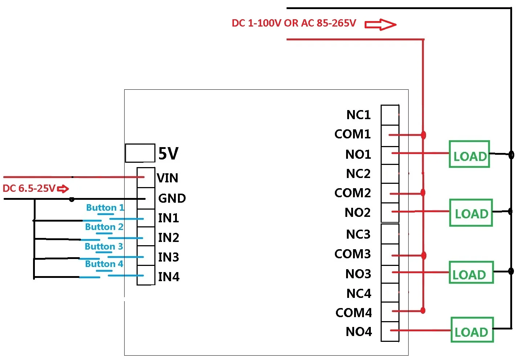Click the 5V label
[168, 153]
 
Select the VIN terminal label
[167, 178]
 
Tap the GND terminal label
[172, 198]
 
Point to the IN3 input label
[169, 257]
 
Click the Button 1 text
[105, 207]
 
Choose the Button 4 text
[104, 264]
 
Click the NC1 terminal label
[358, 115]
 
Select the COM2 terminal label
[352, 193]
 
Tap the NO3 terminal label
[358, 274]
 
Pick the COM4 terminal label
[353, 313]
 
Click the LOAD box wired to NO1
[469, 154]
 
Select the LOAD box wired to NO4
[472, 330]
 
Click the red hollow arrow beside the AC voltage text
[380, 24]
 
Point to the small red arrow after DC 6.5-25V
[63, 189]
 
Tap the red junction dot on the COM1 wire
[423, 135]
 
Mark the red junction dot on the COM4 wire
[423, 311]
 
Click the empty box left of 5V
[140, 153]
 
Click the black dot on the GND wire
[72, 199]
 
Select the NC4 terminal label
[358, 294]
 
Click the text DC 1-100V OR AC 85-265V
[294, 23]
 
